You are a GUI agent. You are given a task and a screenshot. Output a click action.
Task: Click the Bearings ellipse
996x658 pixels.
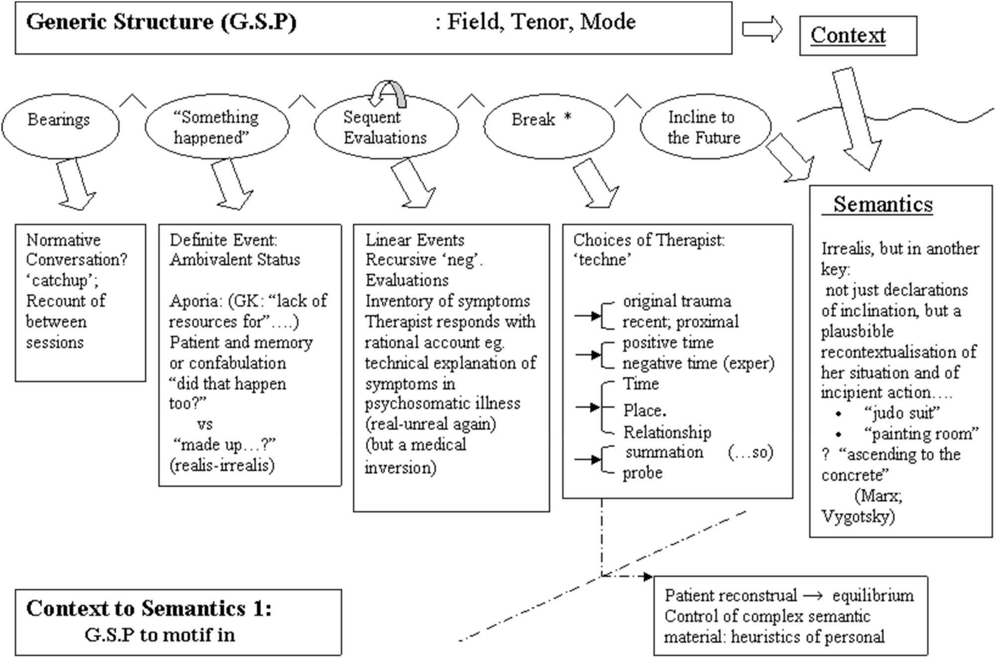(60, 127)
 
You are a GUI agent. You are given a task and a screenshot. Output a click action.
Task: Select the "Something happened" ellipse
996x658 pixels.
(217, 127)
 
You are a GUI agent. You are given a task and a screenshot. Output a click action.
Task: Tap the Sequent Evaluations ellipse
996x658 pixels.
(386, 128)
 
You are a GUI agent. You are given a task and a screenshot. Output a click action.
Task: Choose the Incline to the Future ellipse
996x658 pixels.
(705, 128)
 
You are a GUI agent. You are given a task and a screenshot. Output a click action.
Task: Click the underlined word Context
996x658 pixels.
(848, 35)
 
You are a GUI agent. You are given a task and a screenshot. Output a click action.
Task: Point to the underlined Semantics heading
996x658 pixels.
(883, 204)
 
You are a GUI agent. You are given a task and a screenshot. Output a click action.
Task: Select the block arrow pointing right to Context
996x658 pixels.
(762, 29)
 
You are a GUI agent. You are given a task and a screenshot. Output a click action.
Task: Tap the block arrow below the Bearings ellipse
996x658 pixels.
(75, 184)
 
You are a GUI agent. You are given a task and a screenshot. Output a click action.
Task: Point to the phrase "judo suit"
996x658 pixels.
(901, 413)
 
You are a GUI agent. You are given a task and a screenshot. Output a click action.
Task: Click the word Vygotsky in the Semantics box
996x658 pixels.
(858, 516)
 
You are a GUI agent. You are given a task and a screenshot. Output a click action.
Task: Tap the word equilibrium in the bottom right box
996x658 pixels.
(873, 596)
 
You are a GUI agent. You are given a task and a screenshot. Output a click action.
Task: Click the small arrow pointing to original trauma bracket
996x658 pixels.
(588, 315)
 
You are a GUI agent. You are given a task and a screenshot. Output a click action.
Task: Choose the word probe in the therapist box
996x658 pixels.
(642, 473)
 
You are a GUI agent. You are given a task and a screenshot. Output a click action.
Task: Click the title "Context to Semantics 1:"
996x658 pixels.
(149, 609)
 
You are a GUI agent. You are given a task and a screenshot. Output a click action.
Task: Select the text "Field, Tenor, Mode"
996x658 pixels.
(541, 22)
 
